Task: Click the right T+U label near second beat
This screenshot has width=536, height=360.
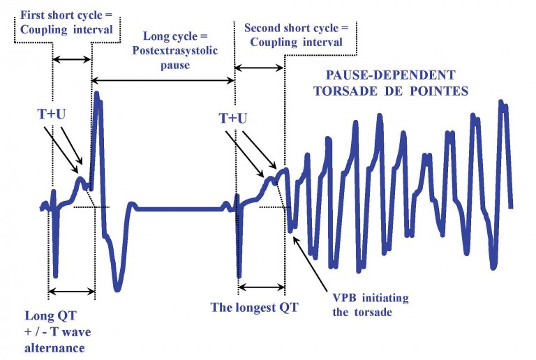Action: tap(232, 119)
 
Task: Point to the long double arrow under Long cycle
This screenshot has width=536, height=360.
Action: tap(163, 80)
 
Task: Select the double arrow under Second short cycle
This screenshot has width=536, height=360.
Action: tap(260, 67)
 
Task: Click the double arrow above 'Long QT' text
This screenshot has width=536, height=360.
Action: tap(70, 292)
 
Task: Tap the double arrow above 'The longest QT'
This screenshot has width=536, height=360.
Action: tap(261, 286)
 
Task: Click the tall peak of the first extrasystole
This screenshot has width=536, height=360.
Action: tap(97, 94)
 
